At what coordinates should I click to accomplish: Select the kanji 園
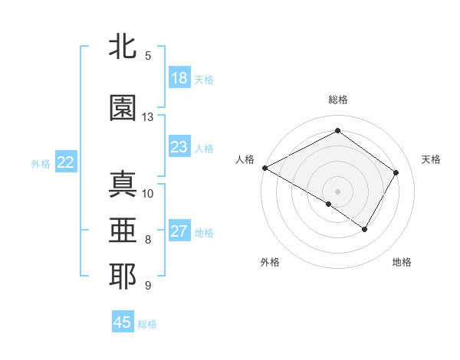point(123,108)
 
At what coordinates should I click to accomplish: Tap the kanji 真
point(123,185)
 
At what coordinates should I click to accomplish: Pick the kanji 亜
point(123,231)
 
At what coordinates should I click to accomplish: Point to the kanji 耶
point(123,277)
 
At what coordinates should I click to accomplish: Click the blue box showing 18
point(179,78)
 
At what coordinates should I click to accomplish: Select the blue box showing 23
point(179,147)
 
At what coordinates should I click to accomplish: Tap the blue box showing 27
point(179,231)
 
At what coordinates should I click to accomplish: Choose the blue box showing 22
point(65,162)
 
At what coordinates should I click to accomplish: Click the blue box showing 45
point(123,322)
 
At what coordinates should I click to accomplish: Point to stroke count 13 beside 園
point(148,117)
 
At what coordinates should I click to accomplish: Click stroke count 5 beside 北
point(148,56)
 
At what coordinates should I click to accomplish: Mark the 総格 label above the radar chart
point(338,100)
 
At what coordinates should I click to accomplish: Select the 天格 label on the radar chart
point(431,159)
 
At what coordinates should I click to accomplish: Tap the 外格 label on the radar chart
point(270,262)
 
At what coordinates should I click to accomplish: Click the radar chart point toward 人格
point(264,168)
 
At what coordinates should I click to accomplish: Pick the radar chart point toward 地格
point(365,229)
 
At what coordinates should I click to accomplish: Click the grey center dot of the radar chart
point(338,191)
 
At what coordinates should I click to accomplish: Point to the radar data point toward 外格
point(329,204)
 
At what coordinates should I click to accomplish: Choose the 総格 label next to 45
point(147,324)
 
